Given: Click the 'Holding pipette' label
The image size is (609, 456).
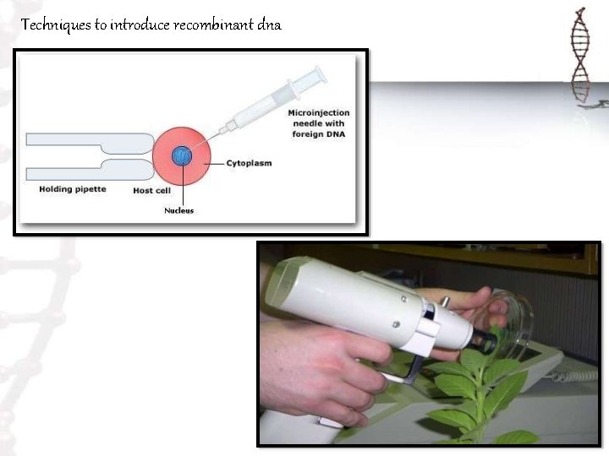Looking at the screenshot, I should (x=73, y=189).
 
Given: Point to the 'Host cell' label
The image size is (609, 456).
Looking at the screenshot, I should (x=152, y=191).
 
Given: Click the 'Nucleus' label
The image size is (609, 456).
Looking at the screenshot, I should (x=178, y=210).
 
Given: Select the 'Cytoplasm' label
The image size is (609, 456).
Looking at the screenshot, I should (x=249, y=163).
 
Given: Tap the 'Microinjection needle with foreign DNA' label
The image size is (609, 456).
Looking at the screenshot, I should (x=318, y=123).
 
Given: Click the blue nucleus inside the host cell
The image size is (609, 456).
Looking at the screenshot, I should (x=181, y=156).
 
